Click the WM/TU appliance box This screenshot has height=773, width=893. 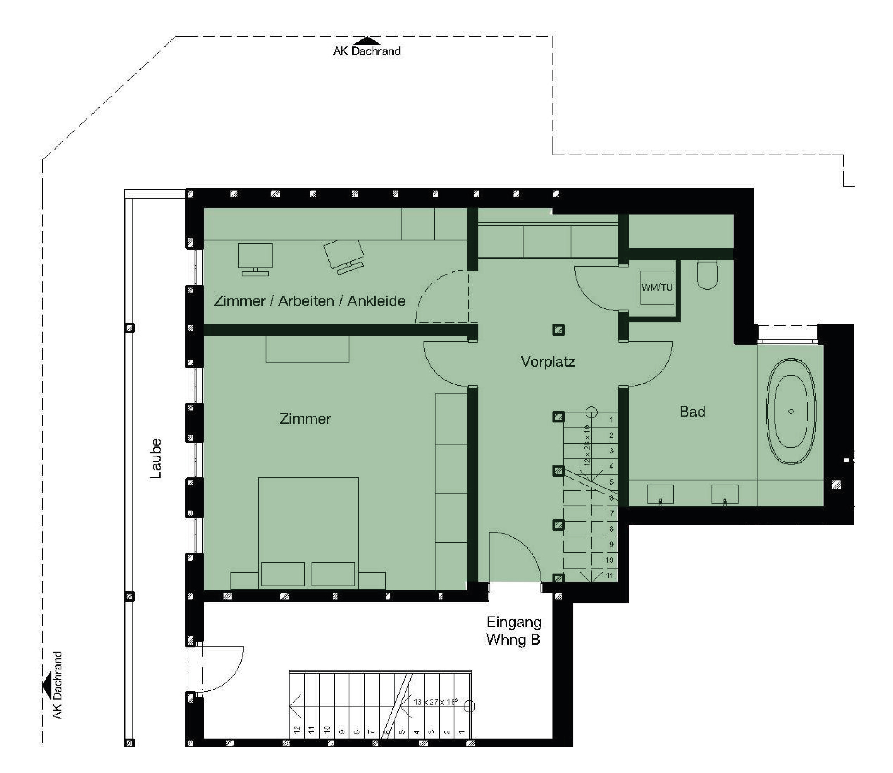pyautogui.click(x=657, y=287)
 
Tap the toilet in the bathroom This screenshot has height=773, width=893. pyautogui.click(x=707, y=274)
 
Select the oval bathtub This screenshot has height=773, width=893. pyautogui.click(x=791, y=411)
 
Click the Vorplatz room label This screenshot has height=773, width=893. pyautogui.click(x=548, y=361)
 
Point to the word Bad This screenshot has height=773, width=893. pyautogui.click(x=692, y=412)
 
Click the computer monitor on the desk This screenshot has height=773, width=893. pyautogui.click(x=255, y=257)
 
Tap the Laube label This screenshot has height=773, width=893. pyautogui.click(x=156, y=458)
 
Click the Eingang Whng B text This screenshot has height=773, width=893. pyautogui.click(x=513, y=631)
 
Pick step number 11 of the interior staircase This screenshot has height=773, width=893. pyautogui.click(x=609, y=575)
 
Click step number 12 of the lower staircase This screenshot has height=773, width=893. pyautogui.click(x=297, y=729)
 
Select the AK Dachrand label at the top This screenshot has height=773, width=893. pyautogui.click(x=367, y=51)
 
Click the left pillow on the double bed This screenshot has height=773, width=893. pyautogui.click(x=283, y=574)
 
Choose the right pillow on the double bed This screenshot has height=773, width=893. pyautogui.click(x=333, y=574)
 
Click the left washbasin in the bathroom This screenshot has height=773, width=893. pyautogui.click(x=660, y=494)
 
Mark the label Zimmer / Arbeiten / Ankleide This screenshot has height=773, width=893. pyautogui.click(x=310, y=301)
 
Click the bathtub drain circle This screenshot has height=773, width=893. pyautogui.click(x=791, y=411)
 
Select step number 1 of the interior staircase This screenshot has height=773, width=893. pyautogui.click(x=611, y=419)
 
